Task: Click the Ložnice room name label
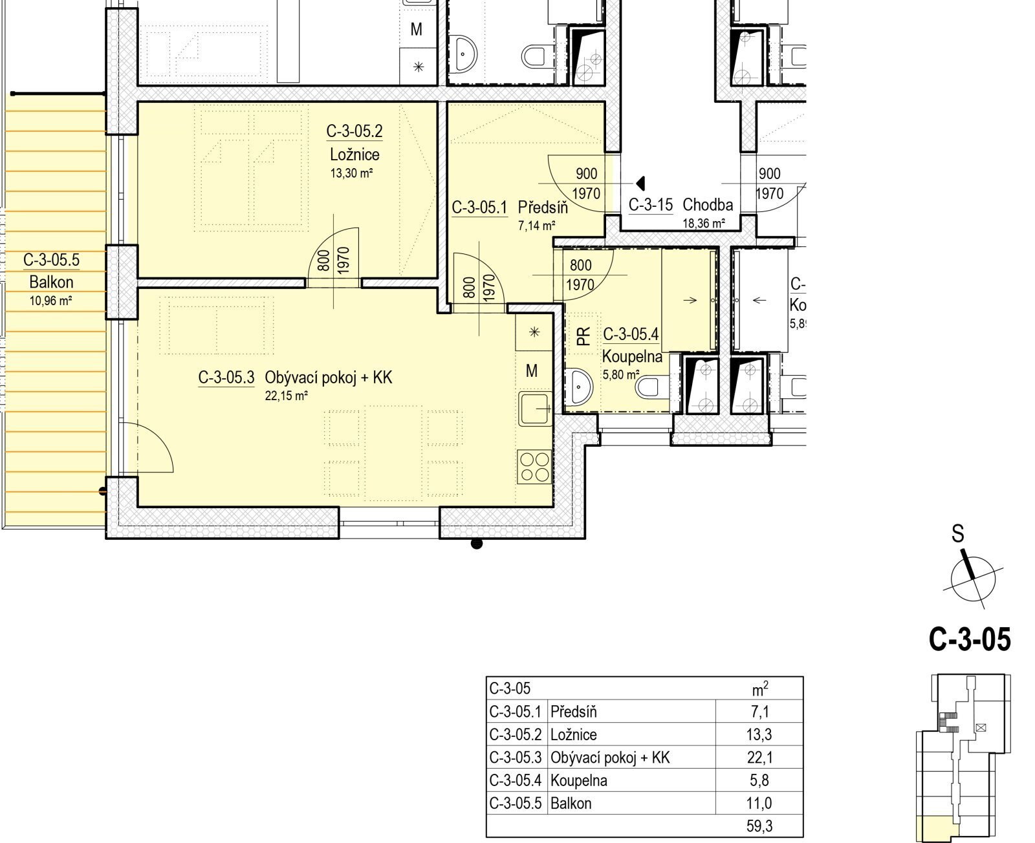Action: coord(354,155)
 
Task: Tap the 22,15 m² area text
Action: coord(286,396)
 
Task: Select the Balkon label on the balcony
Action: coord(51,282)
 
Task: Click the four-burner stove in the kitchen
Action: coord(534,467)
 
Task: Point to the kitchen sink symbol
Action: coord(535,409)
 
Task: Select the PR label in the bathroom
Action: coord(583,336)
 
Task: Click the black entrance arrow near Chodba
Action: coord(640,183)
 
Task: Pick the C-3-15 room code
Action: coord(650,205)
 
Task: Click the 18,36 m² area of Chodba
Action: coord(704,224)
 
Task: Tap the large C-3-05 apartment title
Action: coord(970,639)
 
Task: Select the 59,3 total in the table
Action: coord(759,826)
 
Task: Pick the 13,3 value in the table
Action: coord(759,734)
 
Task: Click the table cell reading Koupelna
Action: coord(579,780)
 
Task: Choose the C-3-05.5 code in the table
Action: coord(515,803)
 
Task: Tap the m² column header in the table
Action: coord(760,688)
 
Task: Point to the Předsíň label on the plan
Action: coord(543,208)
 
